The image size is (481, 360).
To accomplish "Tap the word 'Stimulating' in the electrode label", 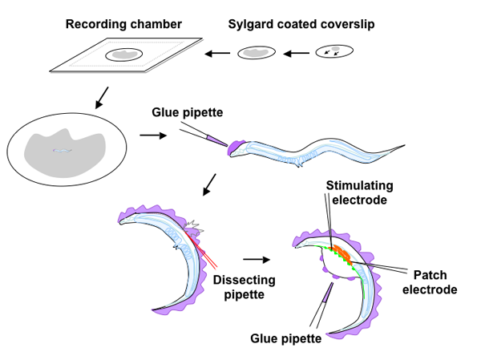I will pyautogui.click(x=356, y=186).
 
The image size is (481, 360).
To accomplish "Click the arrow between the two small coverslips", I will pyautogui.click(x=296, y=54).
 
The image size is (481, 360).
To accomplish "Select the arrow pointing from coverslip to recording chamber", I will pyautogui.click(x=216, y=54).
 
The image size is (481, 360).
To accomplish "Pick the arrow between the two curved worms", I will pyautogui.click(x=255, y=260).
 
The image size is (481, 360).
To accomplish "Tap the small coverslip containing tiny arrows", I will pyautogui.click(x=333, y=52).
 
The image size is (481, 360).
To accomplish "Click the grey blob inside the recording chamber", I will pyautogui.click(x=125, y=55).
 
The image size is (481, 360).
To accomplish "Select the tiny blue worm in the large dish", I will pyautogui.click(x=63, y=150).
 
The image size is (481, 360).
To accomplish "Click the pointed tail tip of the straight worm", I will pyautogui.click(x=410, y=146).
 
